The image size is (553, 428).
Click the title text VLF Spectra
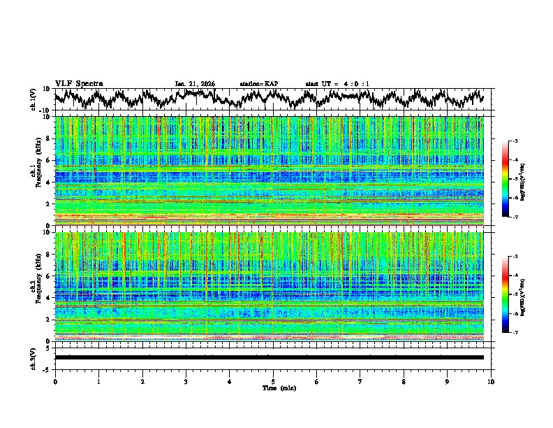coord(79,84)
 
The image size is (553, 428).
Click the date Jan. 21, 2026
coord(195,84)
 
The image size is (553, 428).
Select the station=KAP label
coord(258,84)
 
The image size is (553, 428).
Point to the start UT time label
coord(337,84)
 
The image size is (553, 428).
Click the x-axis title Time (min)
coord(272,387)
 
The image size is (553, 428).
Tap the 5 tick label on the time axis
coord(273,381)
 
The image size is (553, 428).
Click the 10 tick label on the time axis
coord(491,381)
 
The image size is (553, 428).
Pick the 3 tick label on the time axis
coord(186,381)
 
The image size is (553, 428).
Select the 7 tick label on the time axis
coord(360,381)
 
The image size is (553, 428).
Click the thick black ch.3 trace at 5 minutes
coord(273,357)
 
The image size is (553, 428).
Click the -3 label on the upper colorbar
coord(515,141)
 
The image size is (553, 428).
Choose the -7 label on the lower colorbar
coord(515,333)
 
